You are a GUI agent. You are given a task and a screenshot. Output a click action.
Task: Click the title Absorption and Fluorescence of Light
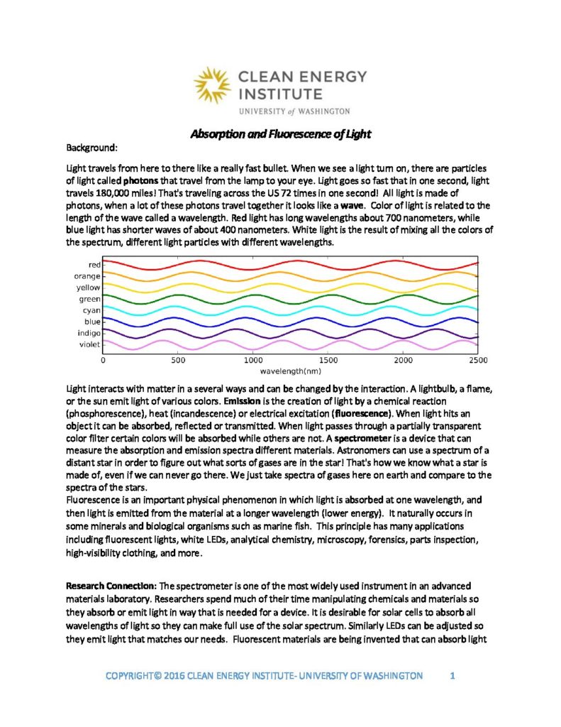tap(281, 133)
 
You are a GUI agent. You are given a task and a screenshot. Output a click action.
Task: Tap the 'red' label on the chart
tap(93, 264)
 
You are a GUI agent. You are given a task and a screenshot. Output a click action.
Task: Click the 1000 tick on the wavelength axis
tap(253, 361)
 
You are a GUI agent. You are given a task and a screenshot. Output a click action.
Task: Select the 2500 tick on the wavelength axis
tap(478, 361)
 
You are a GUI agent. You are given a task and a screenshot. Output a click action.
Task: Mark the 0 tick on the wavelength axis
tap(104, 361)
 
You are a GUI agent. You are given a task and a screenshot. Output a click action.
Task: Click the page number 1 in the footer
tap(452, 675)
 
